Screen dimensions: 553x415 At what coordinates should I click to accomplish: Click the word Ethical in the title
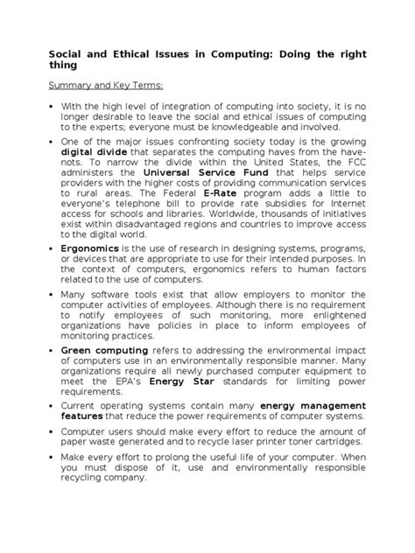123,52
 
